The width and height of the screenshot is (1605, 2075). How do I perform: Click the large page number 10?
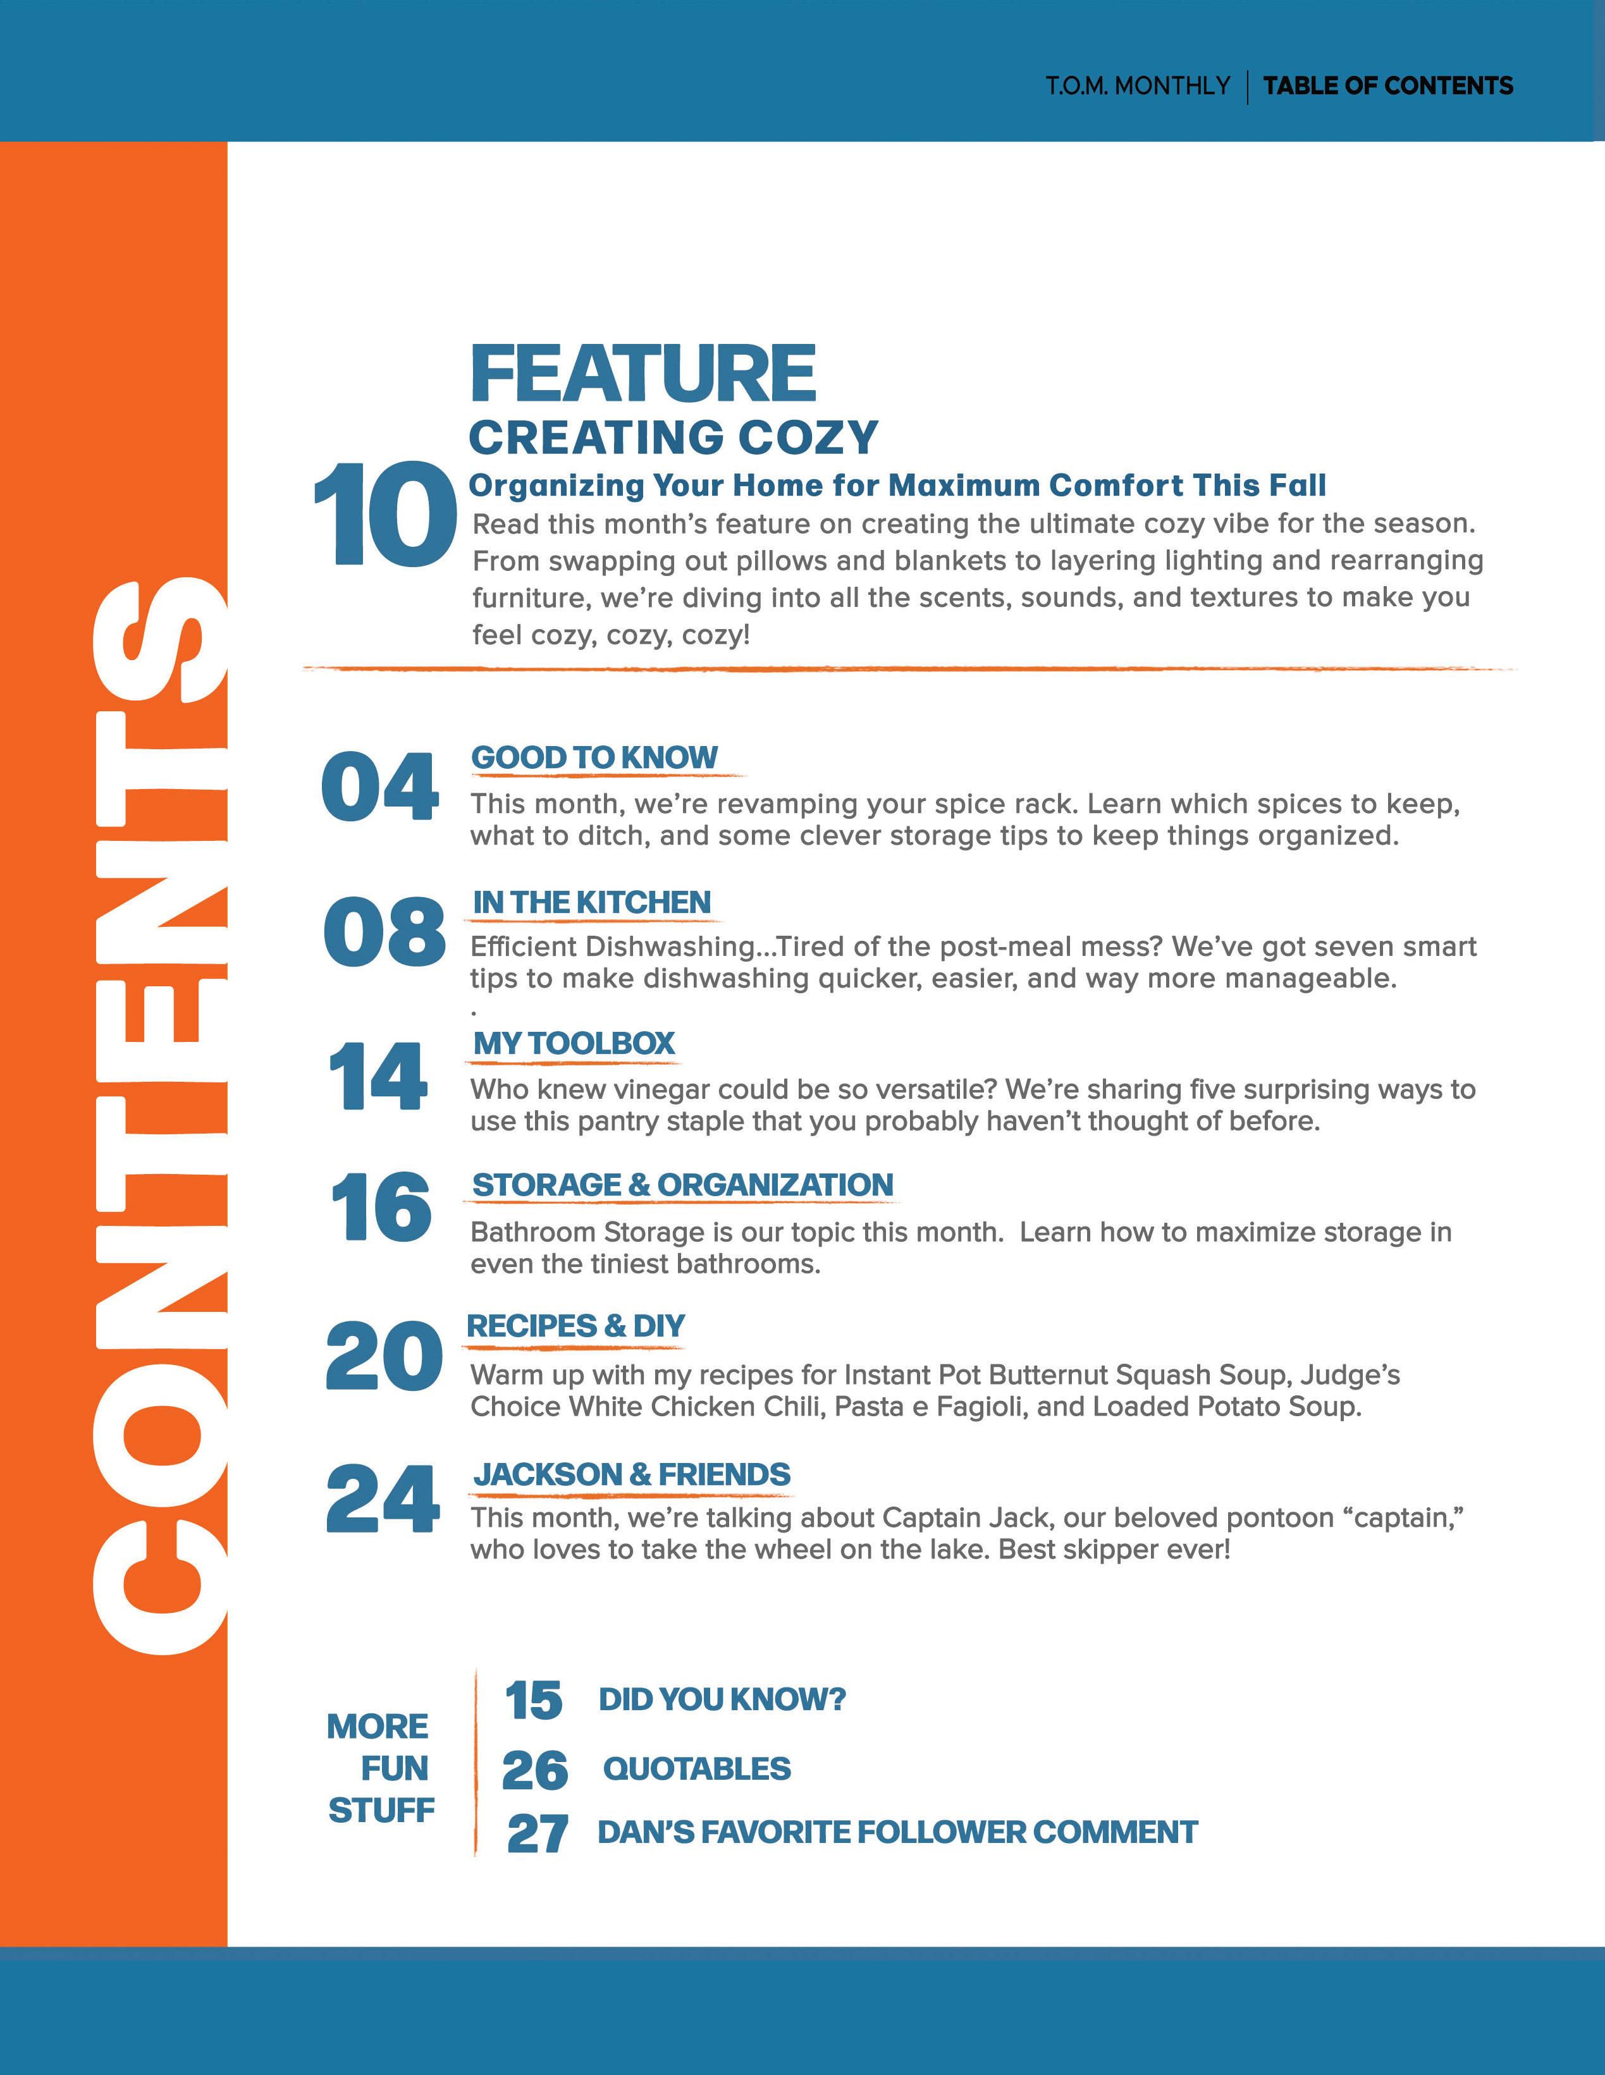385,516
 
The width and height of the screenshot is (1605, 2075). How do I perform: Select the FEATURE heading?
643,374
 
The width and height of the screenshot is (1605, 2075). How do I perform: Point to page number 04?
380,787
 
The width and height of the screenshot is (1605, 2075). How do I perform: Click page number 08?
384,931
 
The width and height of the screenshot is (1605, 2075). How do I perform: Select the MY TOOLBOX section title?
574,1043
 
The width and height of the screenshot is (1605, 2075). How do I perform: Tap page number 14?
378,1075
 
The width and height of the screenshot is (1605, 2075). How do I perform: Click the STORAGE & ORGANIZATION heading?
682,1185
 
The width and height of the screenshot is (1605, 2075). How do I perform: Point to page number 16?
380,1206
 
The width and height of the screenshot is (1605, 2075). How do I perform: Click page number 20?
383,1356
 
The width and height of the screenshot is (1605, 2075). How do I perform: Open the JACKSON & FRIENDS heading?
632,1474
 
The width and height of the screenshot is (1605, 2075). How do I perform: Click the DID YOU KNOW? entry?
722,1699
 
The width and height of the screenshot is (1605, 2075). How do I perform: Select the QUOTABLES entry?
696,1768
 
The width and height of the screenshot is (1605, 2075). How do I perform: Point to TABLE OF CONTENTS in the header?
1387,85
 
